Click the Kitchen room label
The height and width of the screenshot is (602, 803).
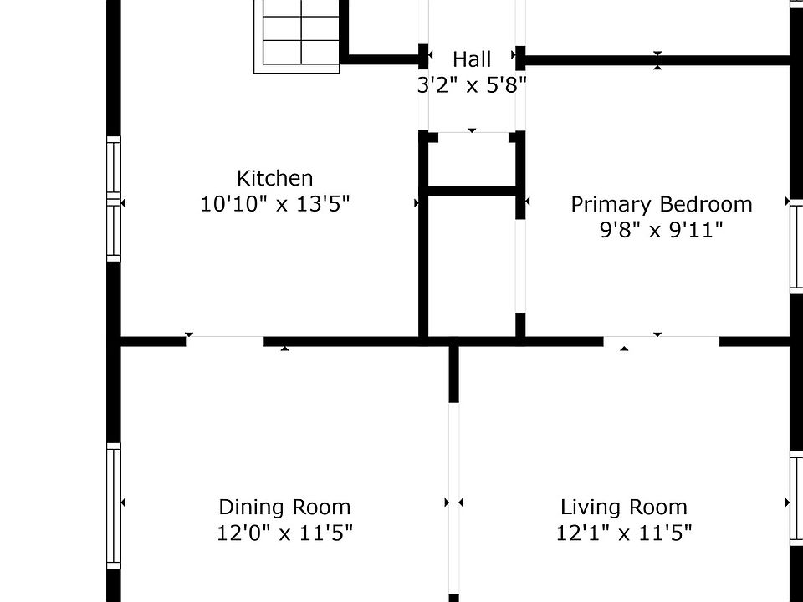pos(274,178)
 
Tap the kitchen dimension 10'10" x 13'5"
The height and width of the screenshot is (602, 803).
pos(274,204)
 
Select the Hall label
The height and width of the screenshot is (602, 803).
pos(472,59)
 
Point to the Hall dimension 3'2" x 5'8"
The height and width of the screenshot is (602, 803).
pos(472,85)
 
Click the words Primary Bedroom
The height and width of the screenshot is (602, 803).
pos(662,204)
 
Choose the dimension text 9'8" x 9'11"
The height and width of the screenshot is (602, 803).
pos(662,230)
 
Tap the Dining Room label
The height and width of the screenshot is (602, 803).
pos(284,508)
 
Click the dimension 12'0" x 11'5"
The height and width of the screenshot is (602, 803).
pos(284,533)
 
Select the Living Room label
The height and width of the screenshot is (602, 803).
pos(624,508)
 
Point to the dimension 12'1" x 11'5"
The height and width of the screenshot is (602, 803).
pos(624,533)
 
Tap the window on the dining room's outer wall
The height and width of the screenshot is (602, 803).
pos(114,505)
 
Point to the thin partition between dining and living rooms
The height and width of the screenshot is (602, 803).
pos(453,498)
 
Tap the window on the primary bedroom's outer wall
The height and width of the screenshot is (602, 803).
pos(796,247)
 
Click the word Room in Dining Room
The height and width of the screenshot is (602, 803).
pos(325,508)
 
